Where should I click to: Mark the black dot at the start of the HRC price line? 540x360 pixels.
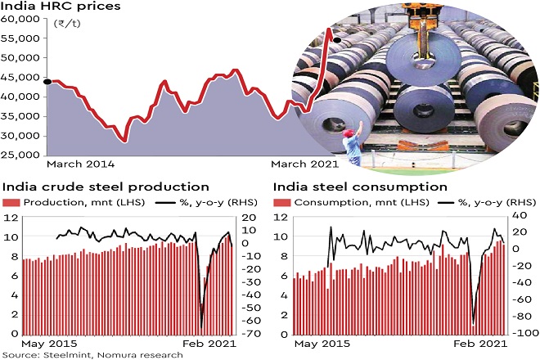47,81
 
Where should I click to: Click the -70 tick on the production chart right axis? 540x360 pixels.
250,335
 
